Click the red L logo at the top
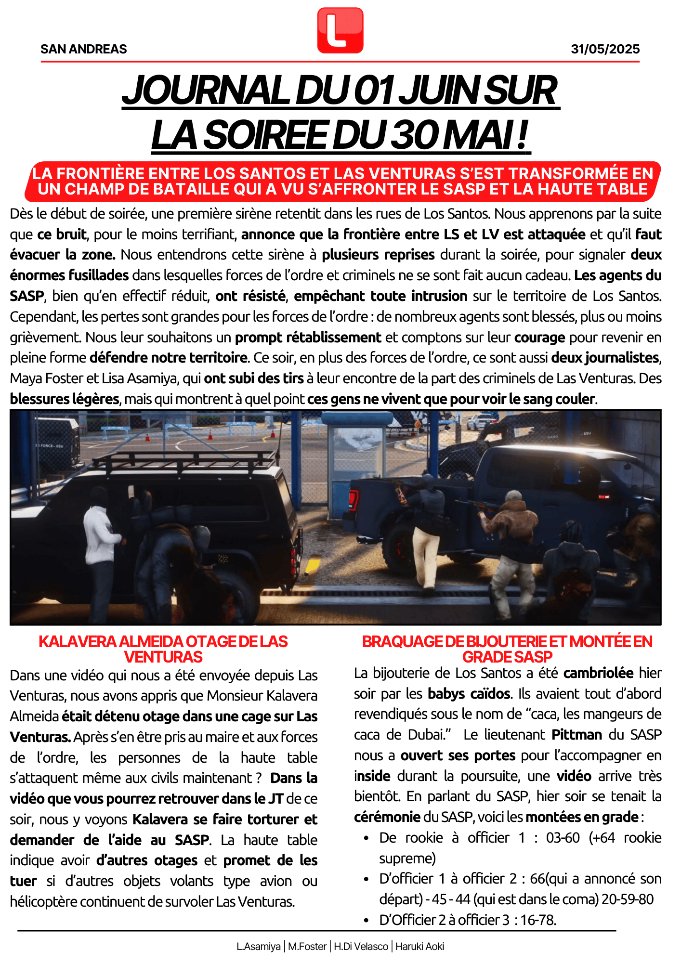click(340, 30)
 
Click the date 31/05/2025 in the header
click(605, 49)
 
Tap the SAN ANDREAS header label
click(84, 49)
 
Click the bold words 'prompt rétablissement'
click(308, 337)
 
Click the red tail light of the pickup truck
click(354, 501)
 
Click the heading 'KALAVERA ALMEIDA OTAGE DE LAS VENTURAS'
click(163, 649)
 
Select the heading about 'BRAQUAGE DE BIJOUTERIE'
click(507, 649)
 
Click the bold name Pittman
click(576, 735)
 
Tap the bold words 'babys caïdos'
click(469, 693)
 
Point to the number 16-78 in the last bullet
click(538, 920)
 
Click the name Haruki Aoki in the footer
click(419, 947)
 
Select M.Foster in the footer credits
click(307, 947)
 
